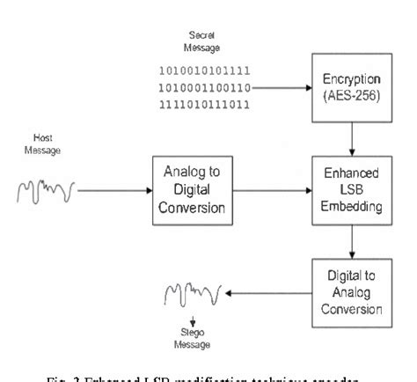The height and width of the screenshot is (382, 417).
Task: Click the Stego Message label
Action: tap(191, 340)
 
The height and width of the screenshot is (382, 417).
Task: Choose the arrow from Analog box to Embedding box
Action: tap(272, 188)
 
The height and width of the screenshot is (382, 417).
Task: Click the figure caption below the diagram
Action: tap(208, 376)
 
